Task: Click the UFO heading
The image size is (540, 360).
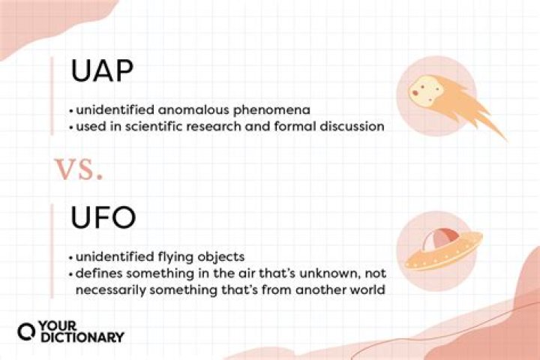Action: click(103, 217)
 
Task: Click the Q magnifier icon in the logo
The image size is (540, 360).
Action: click(26, 331)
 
